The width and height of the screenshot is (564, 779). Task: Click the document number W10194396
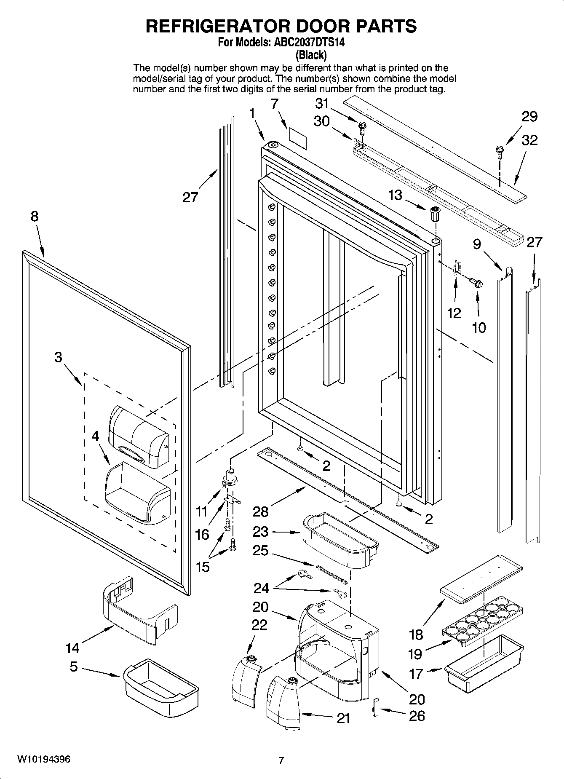click(x=43, y=759)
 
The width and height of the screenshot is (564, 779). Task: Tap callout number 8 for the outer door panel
click(x=34, y=216)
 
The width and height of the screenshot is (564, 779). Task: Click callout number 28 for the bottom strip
click(x=260, y=511)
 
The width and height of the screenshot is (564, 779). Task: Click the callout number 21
click(x=344, y=718)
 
